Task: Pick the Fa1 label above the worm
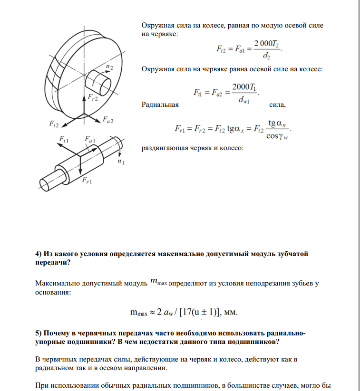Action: pyautogui.click(x=90, y=139)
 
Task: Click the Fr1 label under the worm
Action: pyautogui.click(x=87, y=181)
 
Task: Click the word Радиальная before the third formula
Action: pyautogui.click(x=160, y=105)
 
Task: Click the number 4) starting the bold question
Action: pyautogui.click(x=39, y=254)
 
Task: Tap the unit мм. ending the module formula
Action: pyautogui.click(x=230, y=313)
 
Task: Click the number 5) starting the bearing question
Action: pyautogui.click(x=39, y=333)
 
